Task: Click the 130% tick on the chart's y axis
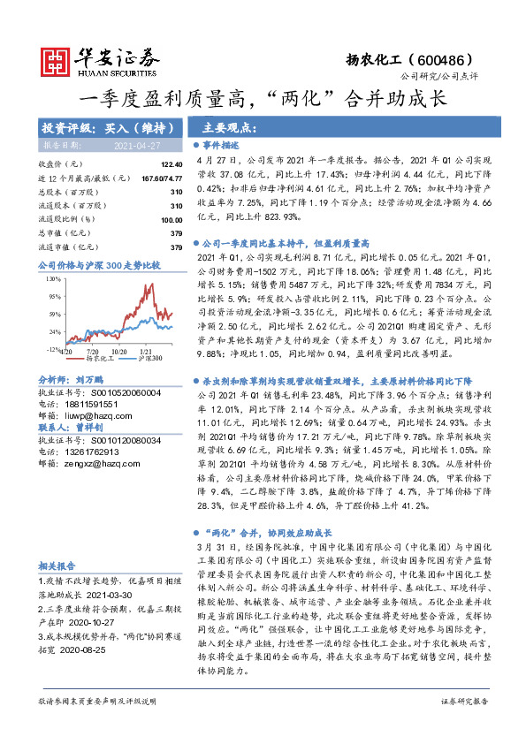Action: tap(52, 277)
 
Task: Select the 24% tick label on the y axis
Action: tap(54, 331)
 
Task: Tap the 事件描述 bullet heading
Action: tap(221, 145)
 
